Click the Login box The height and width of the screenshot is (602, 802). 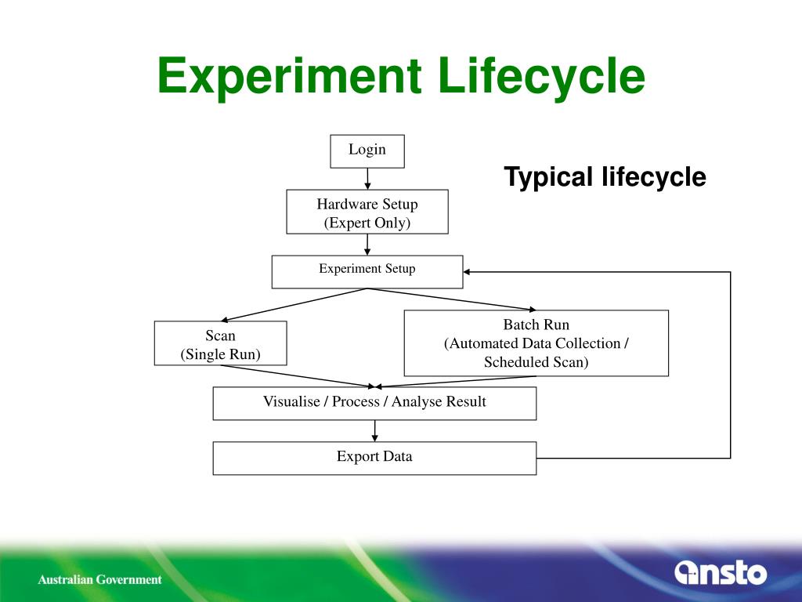[367, 151]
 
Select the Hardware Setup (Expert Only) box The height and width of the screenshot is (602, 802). [367, 212]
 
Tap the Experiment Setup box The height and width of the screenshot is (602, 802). [367, 271]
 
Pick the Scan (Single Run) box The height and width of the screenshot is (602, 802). [220, 343]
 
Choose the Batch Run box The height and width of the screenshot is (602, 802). [536, 343]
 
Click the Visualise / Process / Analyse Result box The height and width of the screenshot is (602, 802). [374, 403]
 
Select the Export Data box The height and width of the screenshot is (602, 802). [374, 458]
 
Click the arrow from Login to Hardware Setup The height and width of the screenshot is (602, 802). [367, 179]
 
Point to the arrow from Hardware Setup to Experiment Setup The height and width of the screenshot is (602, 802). [367, 245]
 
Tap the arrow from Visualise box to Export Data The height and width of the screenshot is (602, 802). [375, 430]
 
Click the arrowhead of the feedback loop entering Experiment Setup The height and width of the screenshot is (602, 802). [468, 271]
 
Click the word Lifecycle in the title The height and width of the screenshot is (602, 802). [541, 77]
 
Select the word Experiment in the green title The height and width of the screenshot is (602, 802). [288, 77]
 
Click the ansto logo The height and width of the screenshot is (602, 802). [720, 572]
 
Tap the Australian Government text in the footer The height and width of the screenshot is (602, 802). [100, 580]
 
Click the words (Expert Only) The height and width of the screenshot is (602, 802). [367, 223]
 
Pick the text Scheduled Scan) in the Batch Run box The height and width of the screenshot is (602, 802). [536, 362]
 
